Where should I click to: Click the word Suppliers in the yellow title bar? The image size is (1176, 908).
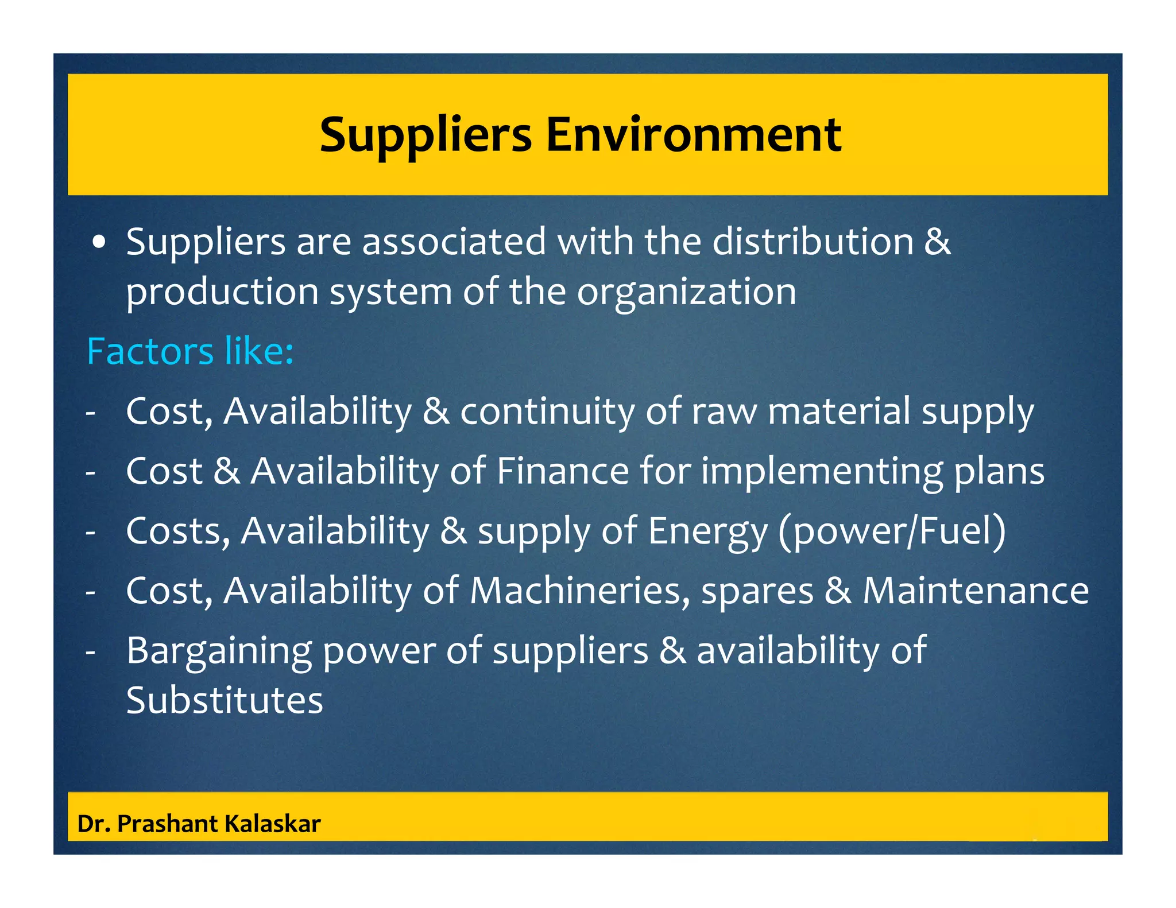point(425,135)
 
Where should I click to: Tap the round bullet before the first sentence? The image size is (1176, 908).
point(100,243)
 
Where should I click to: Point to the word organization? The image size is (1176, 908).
point(686,292)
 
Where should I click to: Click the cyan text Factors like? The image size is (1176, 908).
point(190,351)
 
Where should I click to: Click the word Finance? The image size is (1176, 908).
point(562,471)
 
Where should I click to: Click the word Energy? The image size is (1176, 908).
point(707,531)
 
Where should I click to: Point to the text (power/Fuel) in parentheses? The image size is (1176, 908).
point(892,531)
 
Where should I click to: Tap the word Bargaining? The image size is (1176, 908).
point(219,651)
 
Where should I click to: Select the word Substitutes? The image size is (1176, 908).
point(225,700)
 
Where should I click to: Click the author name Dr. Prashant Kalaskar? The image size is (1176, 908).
point(199,824)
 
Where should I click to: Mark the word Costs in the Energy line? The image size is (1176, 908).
point(178,531)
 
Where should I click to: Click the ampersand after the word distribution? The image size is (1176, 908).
point(937,242)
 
